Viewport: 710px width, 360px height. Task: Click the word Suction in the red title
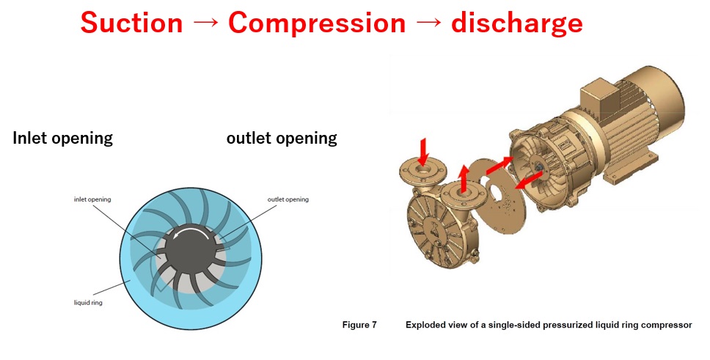point(131,23)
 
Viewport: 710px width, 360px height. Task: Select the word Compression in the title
point(317,23)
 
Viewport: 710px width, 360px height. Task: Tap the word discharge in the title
point(516,23)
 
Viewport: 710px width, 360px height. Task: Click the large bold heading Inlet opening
point(62,138)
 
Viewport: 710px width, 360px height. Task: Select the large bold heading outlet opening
point(282,138)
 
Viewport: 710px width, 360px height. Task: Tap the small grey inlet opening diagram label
point(92,199)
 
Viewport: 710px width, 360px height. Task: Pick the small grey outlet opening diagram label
point(288,199)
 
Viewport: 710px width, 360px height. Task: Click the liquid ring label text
point(88,303)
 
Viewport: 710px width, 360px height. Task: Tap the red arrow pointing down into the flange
point(423,153)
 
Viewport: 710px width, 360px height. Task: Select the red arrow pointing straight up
point(464,178)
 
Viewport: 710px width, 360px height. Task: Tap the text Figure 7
point(359,325)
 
